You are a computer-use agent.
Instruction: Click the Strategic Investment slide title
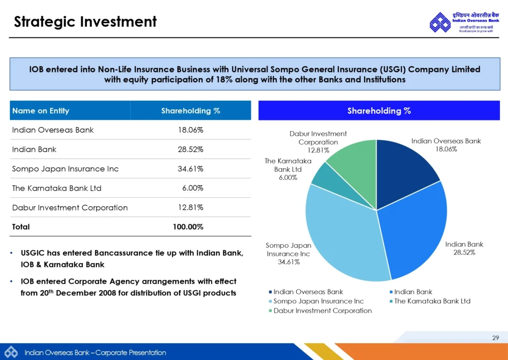(x=85, y=22)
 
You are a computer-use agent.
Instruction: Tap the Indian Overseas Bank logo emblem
(x=440, y=23)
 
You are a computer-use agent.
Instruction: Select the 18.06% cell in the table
(x=190, y=130)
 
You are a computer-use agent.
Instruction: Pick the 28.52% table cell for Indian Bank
(x=190, y=149)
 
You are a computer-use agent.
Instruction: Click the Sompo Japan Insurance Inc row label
(x=65, y=169)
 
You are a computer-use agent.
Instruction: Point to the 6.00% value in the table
(x=193, y=188)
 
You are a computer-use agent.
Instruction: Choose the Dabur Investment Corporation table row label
(x=70, y=208)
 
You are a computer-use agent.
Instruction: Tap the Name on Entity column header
(x=41, y=111)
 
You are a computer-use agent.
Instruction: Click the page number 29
(x=495, y=338)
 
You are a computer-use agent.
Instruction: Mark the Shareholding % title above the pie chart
(x=379, y=111)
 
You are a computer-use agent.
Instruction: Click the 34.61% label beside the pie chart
(x=288, y=262)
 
